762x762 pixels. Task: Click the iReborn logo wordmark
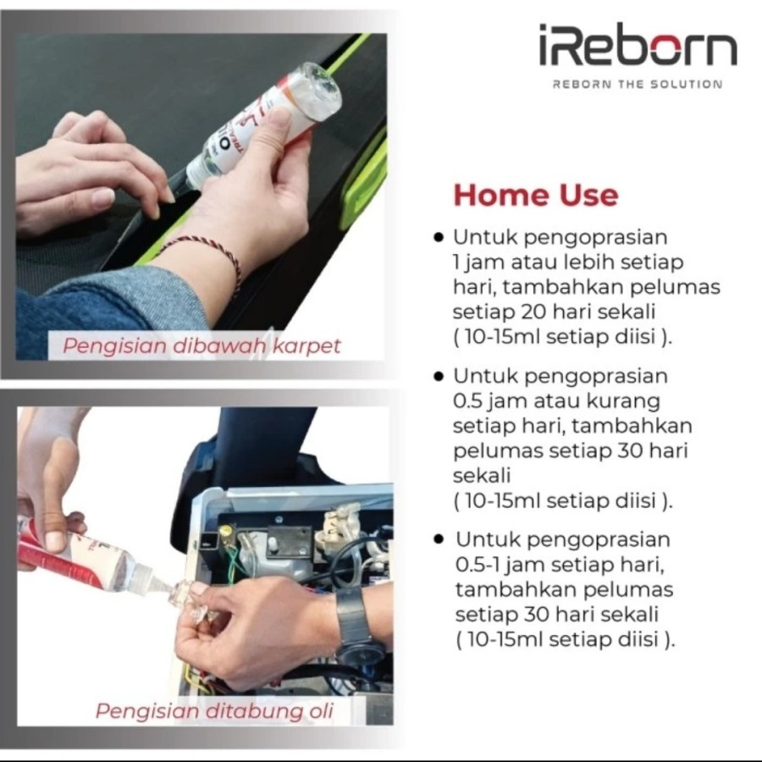point(638,46)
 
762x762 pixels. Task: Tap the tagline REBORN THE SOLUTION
point(637,85)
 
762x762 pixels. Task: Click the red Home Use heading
point(536,196)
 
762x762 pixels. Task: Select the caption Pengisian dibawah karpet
point(202,345)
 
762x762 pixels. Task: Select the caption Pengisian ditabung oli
point(214,710)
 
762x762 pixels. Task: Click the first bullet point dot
point(439,238)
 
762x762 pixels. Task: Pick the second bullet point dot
point(439,376)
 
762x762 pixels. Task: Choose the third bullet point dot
point(439,539)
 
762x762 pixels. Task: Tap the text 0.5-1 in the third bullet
point(480,565)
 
